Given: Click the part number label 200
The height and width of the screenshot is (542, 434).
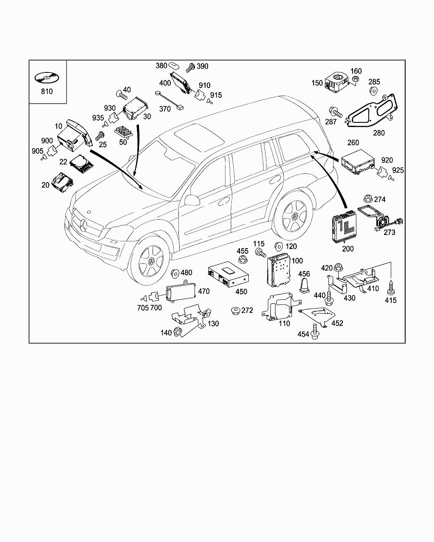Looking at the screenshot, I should coord(348,249).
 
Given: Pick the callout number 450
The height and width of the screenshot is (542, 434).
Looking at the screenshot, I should coord(241,292).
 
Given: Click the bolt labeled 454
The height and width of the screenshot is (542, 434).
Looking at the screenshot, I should coord(314,332).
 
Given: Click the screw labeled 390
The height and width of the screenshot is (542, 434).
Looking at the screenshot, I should coord(190,66).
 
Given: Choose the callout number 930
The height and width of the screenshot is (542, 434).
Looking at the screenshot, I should coord(110,108).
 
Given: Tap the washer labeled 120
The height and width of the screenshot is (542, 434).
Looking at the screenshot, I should coord(279,246).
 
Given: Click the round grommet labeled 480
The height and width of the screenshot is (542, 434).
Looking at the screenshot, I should coord(175,273).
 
